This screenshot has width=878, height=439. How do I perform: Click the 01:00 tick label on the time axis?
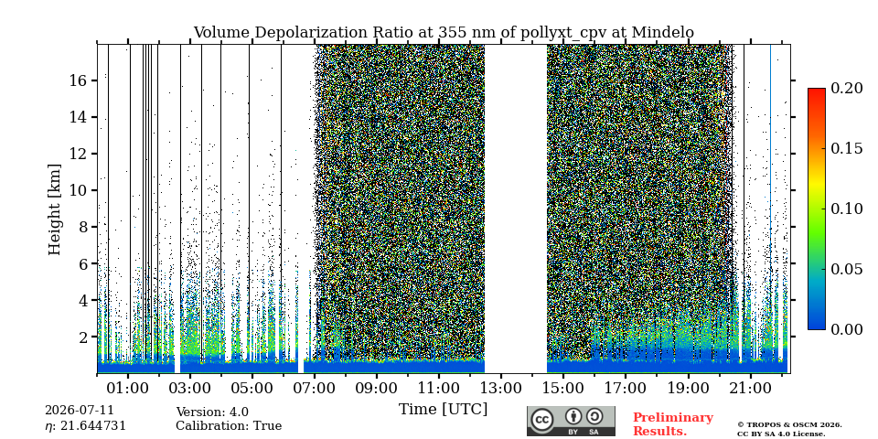(128, 388)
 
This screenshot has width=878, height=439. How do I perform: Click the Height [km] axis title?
(54, 209)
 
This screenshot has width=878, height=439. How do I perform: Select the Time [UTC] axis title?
(443, 410)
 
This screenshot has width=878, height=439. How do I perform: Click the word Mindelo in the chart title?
(663, 33)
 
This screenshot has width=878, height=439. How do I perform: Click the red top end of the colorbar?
(817, 90)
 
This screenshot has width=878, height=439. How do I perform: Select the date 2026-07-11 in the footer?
(80, 411)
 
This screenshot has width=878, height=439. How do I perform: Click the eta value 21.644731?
(93, 426)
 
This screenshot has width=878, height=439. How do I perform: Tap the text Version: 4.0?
(212, 412)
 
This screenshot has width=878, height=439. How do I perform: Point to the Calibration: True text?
(229, 426)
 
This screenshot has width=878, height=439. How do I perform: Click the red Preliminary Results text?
(673, 424)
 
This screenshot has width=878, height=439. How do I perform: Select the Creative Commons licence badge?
(571, 421)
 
